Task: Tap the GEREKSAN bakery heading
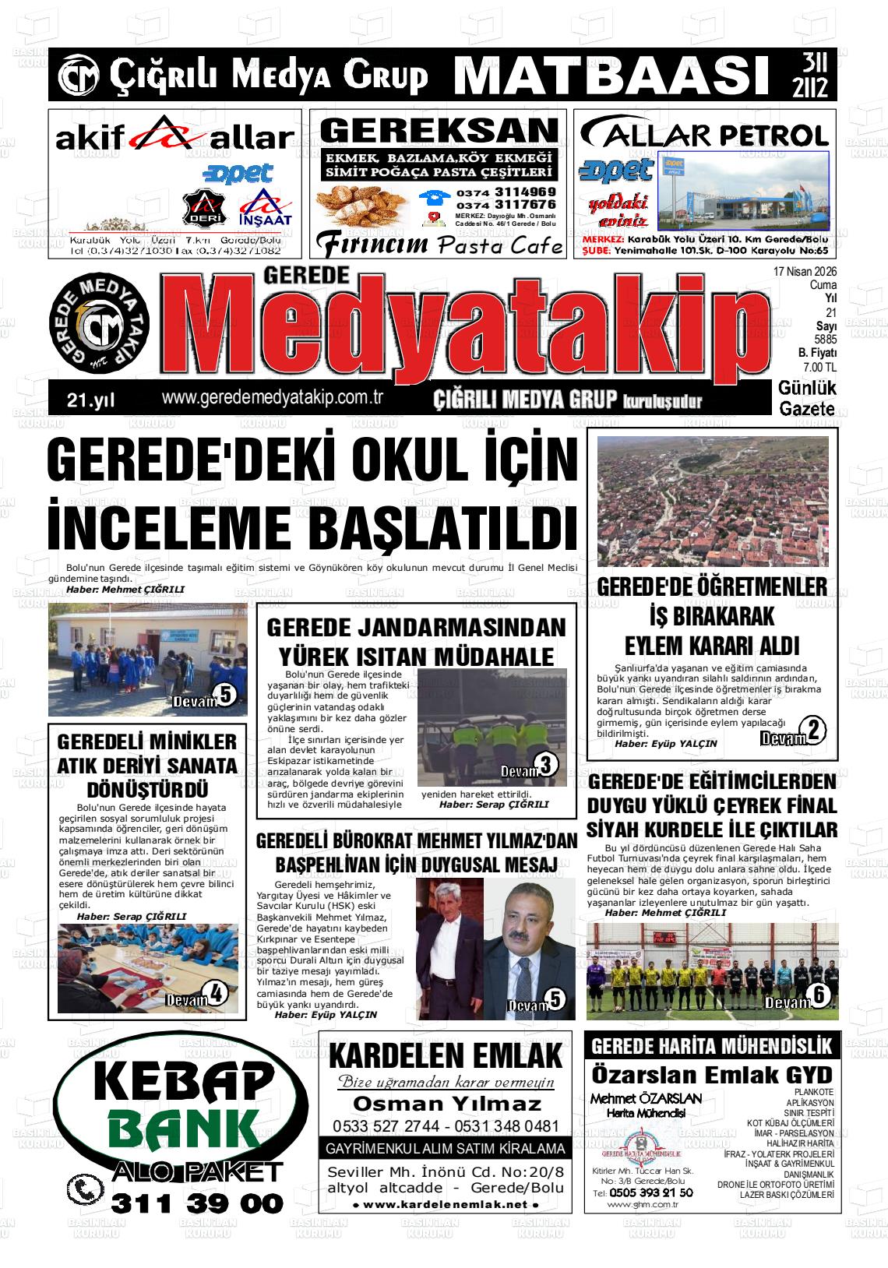(x=439, y=129)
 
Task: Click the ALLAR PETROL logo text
(x=704, y=136)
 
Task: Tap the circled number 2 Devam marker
(x=812, y=731)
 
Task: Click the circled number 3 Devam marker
(x=546, y=765)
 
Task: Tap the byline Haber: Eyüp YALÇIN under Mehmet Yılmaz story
(x=326, y=1015)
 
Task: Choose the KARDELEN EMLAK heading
(x=446, y=1058)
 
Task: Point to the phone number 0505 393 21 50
(x=650, y=1192)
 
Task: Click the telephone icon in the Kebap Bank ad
(x=84, y=1189)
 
